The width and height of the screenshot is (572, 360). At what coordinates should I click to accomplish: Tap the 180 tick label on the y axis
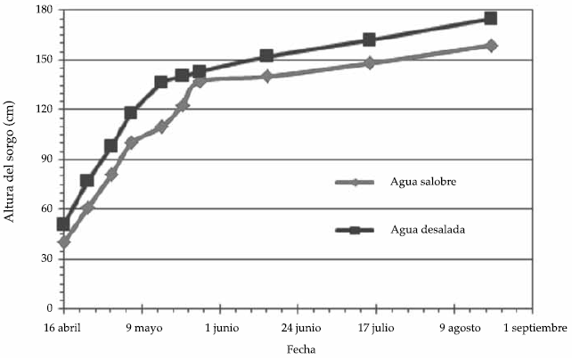45,10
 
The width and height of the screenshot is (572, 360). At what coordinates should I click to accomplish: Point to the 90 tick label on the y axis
47,160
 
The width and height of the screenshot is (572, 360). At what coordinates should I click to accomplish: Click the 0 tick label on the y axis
51,308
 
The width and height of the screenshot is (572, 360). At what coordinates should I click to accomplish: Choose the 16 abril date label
62,328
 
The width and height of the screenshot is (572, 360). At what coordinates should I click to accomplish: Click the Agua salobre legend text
407,183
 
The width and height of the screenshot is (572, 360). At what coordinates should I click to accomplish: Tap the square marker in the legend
354,230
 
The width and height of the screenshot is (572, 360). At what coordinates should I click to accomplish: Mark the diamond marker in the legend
354,183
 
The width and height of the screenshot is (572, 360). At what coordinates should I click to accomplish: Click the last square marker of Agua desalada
491,18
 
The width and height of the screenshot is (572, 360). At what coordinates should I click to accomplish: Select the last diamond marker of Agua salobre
491,45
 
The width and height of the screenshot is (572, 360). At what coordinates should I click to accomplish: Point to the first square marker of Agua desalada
63,224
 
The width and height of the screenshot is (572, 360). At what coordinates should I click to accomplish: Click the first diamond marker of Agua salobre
64,241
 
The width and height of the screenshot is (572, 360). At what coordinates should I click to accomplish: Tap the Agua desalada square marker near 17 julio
370,39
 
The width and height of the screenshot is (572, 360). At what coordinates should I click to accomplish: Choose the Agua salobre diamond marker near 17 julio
370,63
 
